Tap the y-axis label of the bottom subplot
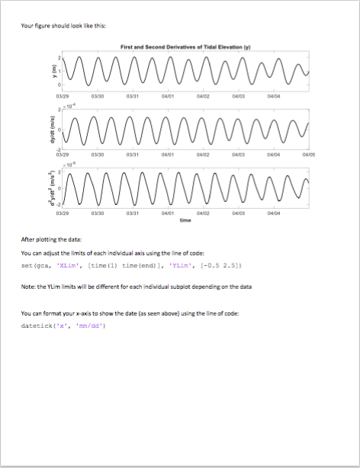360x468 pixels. click(45, 185)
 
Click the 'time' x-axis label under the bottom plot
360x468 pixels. click(185, 221)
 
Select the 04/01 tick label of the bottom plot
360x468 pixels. click(167, 214)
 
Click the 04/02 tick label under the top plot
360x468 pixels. click(202, 96)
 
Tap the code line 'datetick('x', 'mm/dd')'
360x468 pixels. click(63, 325)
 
